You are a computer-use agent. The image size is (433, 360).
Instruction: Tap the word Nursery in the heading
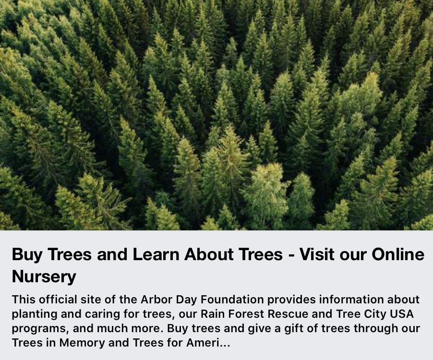[44, 276]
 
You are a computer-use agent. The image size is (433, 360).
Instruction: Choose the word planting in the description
[33, 315]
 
